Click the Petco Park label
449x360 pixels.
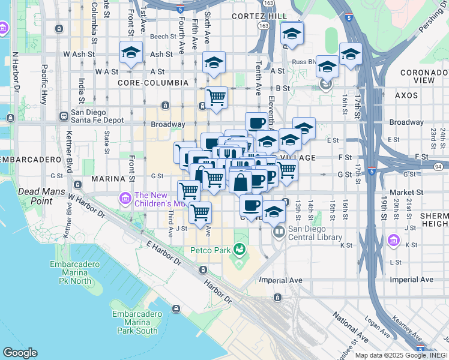coord(209,250)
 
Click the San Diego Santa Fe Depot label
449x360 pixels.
coord(97,116)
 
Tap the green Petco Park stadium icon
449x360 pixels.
coord(240,248)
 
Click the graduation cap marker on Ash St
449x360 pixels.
coord(130,52)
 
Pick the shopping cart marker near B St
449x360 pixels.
coord(216,97)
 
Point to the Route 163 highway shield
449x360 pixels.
coord(265,26)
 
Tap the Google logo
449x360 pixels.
coord(20,352)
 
